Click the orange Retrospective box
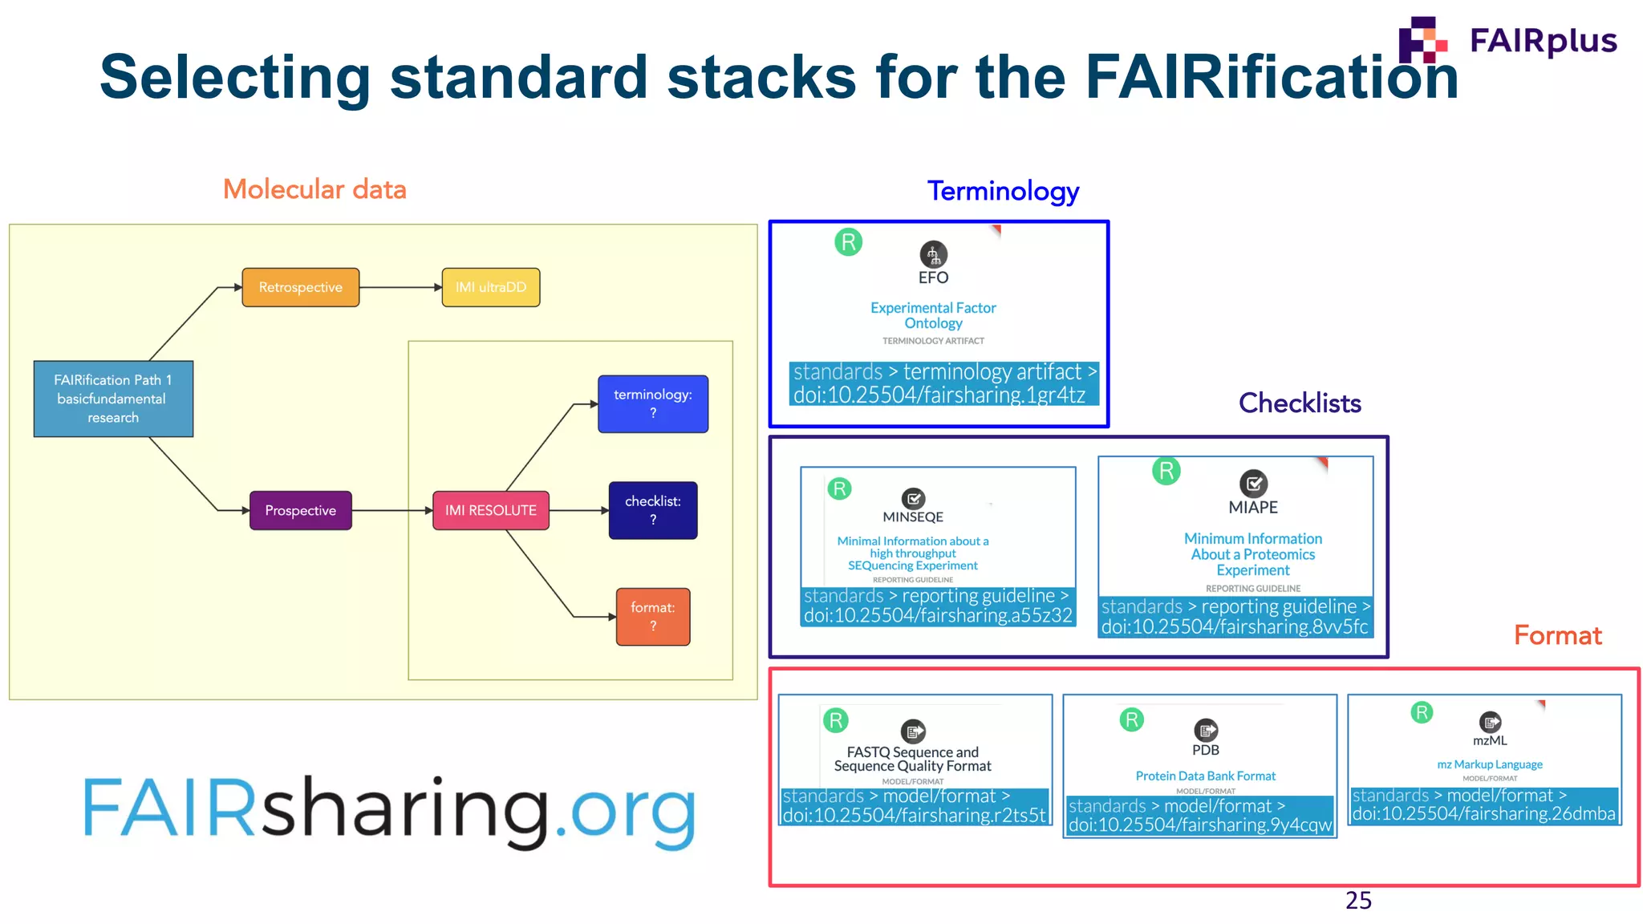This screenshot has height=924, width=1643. pos(300,287)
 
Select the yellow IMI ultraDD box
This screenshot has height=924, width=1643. pos(491,287)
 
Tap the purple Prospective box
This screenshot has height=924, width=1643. pos(300,510)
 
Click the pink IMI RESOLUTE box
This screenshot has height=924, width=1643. pos(491,510)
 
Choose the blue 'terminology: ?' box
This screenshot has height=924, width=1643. pos(653,403)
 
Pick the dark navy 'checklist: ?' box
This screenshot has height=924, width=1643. pos(653,510)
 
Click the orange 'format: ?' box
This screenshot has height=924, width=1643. pos(653,617)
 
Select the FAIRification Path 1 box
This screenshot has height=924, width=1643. pos(113,399)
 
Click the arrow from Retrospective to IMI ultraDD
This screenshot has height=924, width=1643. pos(400,287)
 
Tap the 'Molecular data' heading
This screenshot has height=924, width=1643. pos(314,189)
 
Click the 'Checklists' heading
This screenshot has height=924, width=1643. pos(1300,403)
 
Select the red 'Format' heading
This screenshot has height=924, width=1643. pos(1557,635)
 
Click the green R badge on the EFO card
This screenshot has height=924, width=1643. pos(848,241)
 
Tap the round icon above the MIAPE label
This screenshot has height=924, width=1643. pos(1253,483)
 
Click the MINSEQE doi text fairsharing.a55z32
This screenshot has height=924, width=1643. pos(938,615)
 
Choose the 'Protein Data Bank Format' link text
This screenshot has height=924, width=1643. pos(1205,776)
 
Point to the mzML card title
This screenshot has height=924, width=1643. pos(1490,741)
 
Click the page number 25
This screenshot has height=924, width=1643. pos(1358,901)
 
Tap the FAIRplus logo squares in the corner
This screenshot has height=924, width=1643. pos(1422,40)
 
